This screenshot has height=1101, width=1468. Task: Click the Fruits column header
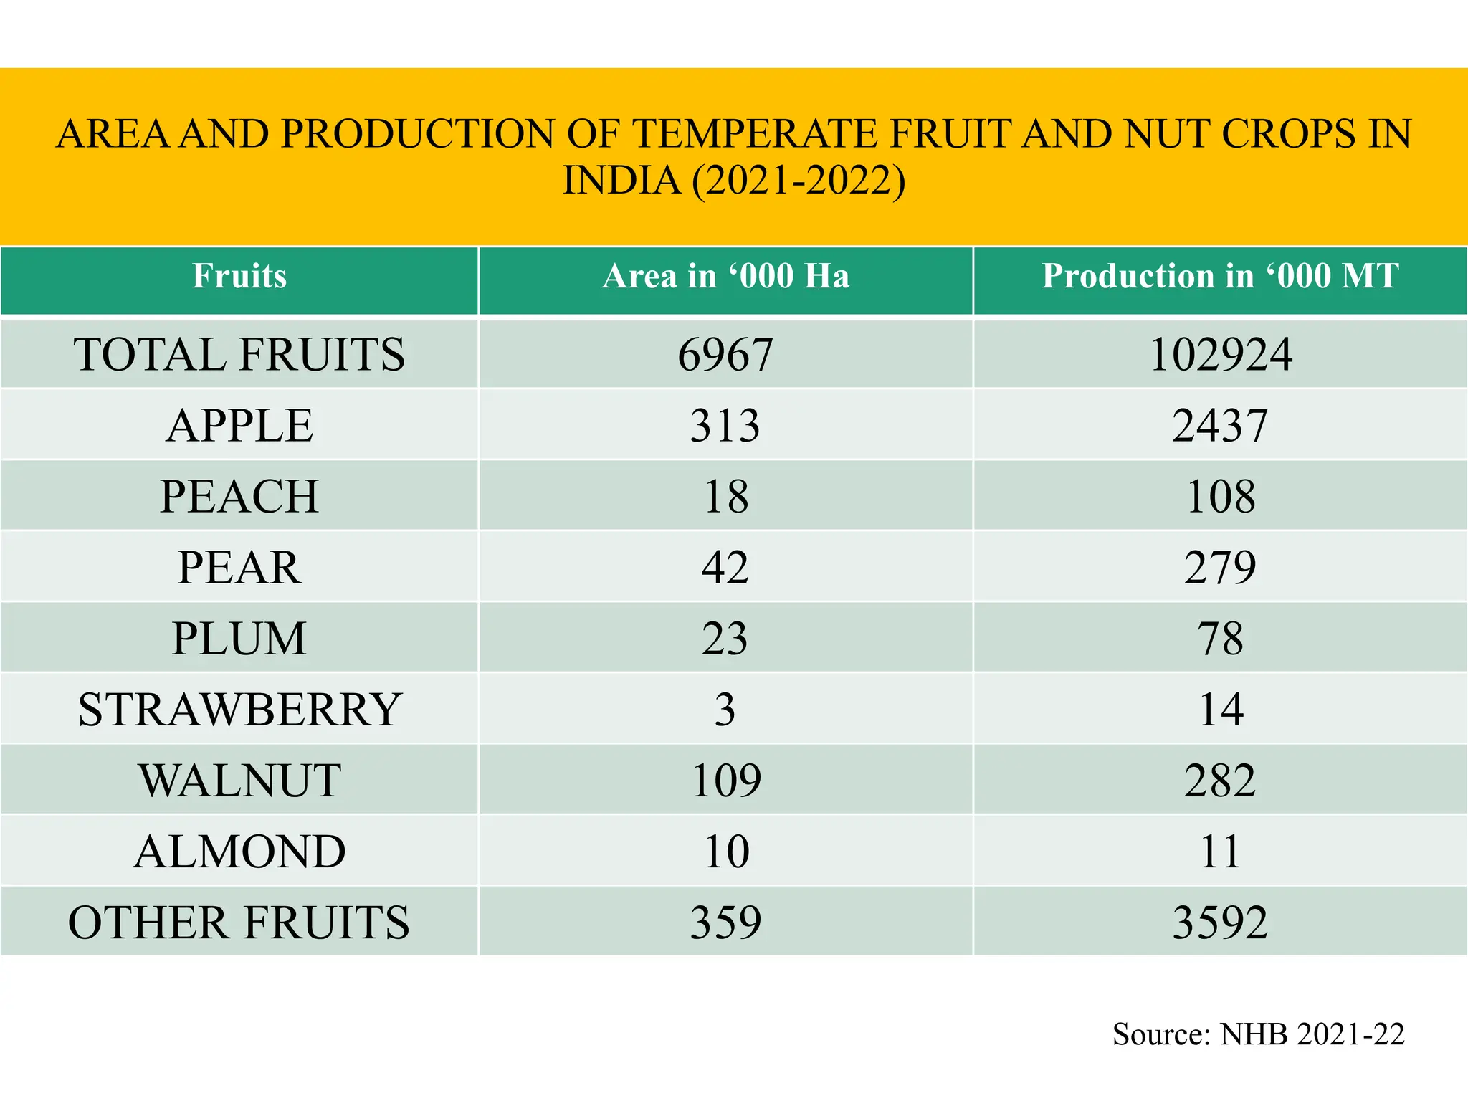coord(239,277)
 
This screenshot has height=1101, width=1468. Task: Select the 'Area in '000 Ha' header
coord(725,277)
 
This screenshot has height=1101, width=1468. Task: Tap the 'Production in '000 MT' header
coord(1220,277)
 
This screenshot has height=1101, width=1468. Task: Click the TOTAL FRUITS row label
coord(239,354)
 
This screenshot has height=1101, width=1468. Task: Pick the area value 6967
coord(725,354)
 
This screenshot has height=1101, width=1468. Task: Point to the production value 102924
coord(1220,354)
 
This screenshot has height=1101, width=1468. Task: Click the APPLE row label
coord(239,425)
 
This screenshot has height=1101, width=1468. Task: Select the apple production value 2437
coord(1220,425)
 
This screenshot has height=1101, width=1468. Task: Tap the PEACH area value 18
coord(725,496)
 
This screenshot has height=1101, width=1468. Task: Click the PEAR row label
coord(239,567)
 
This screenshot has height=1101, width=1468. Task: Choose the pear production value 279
coord(1220,567)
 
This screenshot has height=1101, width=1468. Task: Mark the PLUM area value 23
coord(725,638)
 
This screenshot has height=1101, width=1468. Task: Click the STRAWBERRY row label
coord(239,709)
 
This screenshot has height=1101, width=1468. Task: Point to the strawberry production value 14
coord(1220,709)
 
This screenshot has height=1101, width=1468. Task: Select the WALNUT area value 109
coord(725,780)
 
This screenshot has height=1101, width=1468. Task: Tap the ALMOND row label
coord(239,851)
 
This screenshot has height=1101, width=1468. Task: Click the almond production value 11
coord(1220,851)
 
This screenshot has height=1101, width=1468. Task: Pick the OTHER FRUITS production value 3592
coord(1220,922)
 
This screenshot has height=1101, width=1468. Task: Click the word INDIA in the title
coord(621,180)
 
